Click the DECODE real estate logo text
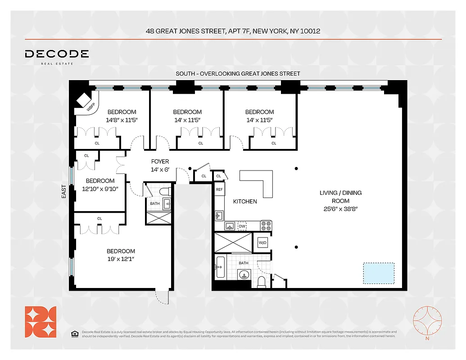[57, 54]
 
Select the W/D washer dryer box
[262, 243]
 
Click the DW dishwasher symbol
[243, 226]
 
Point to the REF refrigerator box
[219, 189]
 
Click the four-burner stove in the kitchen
[266, 225]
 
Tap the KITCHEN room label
[244, 201]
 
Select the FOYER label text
[160, 162]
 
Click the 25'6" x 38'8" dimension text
[340, 209]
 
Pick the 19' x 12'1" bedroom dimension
[121, 259]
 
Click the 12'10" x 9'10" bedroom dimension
[100, 189]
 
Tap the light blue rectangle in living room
[379, 274]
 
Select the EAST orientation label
[64, 192]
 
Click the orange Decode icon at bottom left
[41, 321]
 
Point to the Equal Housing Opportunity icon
[74, 333]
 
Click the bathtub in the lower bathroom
[220, 267]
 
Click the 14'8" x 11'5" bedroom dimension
[121, 120]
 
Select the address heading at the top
[233, 31]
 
